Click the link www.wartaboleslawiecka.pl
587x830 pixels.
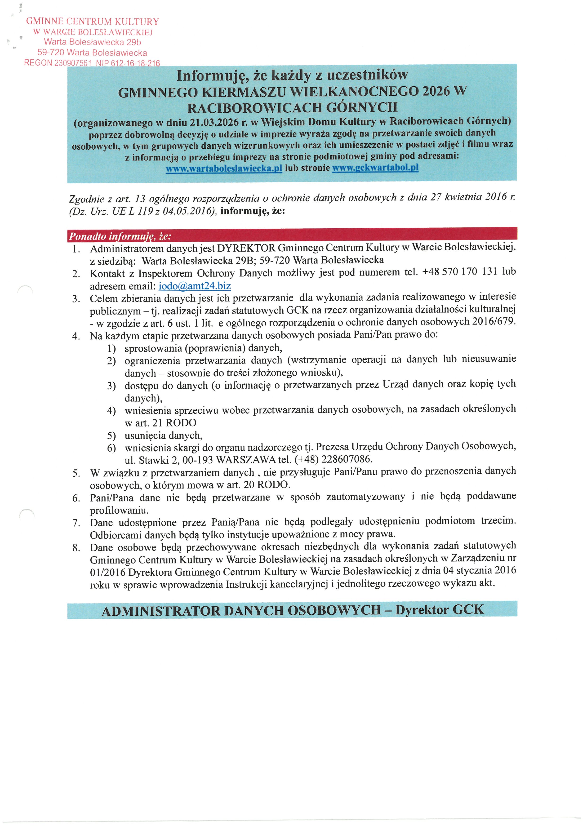coord(224,169)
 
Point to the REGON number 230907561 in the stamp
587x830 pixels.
coord(72,63)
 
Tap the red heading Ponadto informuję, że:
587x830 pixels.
coord(120,236)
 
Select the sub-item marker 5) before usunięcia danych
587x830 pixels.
coord(111,436)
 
